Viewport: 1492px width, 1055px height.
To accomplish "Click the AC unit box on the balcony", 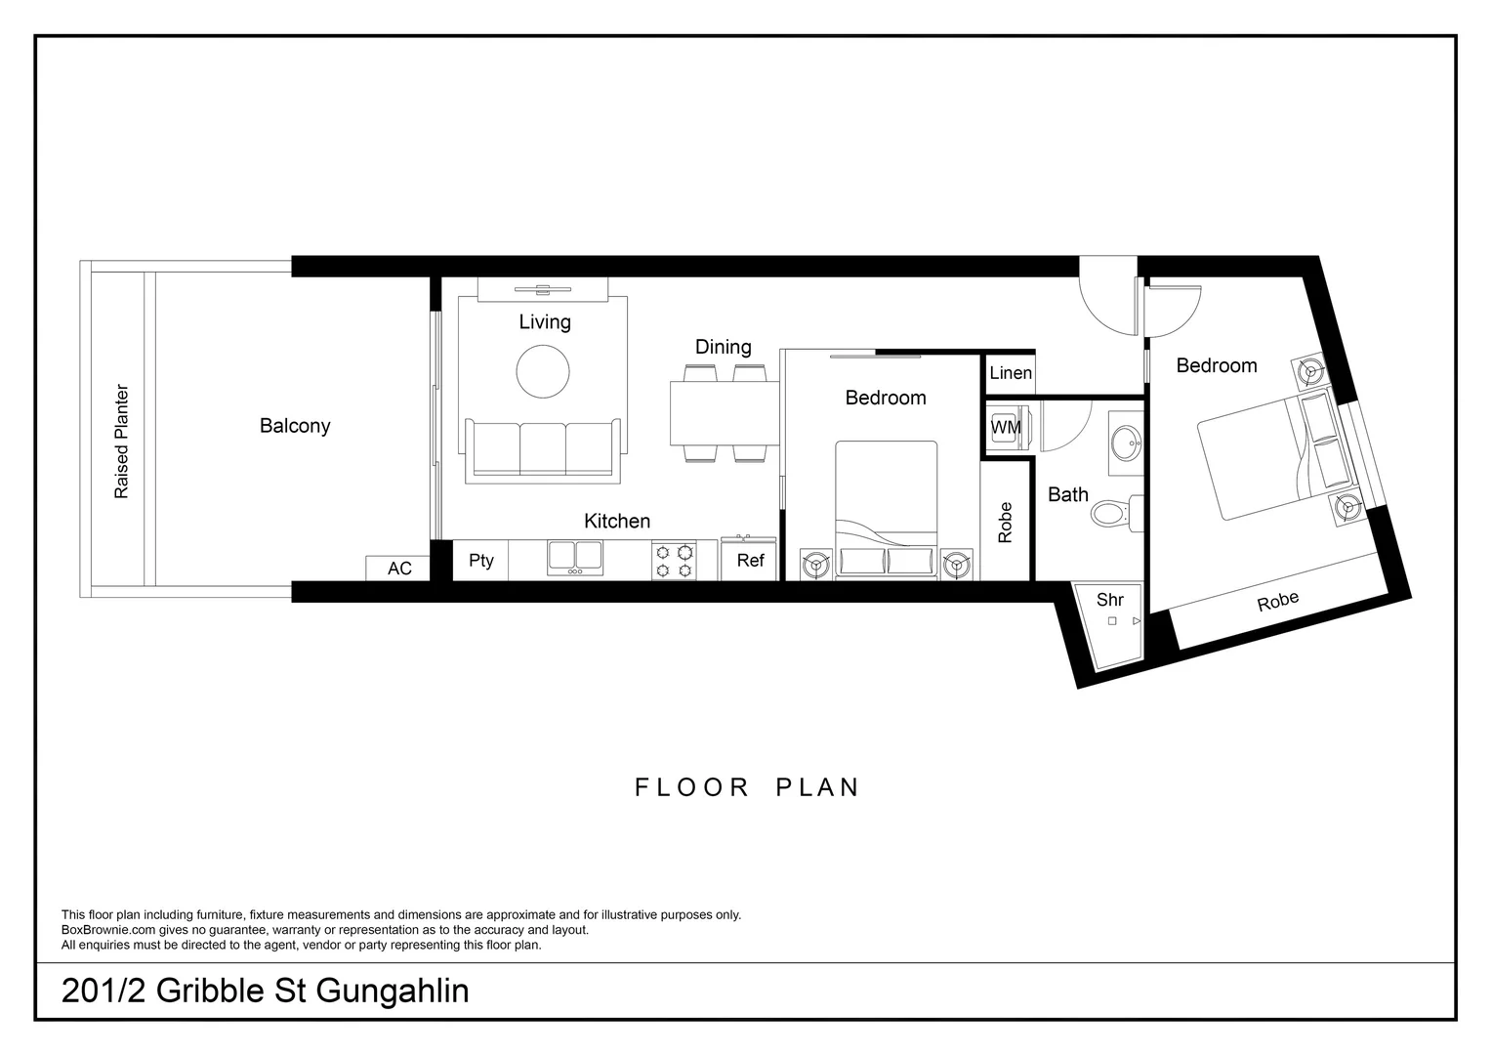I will [398, 569].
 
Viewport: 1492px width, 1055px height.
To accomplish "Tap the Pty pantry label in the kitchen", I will [481, 561].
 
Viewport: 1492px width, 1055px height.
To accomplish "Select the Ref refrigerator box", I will [750, 561].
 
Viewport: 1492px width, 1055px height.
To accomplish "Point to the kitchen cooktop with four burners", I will [675, 561].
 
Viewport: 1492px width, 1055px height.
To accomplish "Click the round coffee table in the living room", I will [543, 372].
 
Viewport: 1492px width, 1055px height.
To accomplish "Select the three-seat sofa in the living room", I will [543, 449].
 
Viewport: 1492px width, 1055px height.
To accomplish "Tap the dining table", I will [724, 413].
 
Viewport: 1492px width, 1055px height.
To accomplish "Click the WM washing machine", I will [1006, 428].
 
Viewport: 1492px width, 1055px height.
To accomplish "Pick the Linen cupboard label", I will [1011, 373].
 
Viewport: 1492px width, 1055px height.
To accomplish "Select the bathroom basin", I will [1128, 443].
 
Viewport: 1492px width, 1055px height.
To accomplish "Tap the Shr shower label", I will [1110, 600].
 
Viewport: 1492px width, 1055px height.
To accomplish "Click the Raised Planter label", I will [122, 442].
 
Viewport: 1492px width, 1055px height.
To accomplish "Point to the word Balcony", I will [295, 426].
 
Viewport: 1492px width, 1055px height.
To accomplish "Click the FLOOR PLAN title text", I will [747, 787].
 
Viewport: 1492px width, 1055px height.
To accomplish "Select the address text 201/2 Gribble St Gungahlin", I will [265, 991].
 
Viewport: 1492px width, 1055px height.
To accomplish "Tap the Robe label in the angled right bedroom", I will [1277, 602].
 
